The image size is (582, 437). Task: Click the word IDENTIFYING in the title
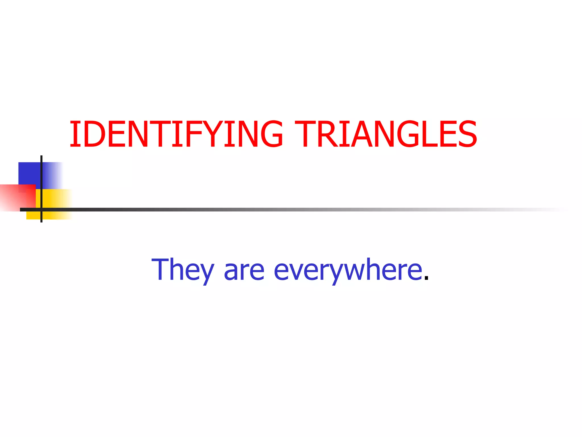(176, 134)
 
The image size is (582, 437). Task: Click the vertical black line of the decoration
(41, 176)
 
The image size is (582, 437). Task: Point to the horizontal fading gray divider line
(284, 210)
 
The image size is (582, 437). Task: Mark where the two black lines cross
(41, 210)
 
